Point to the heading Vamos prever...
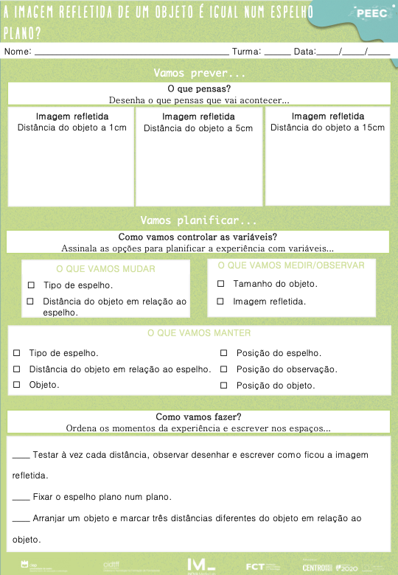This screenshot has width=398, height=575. coord(199,73)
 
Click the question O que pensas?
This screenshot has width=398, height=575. coord(199,88)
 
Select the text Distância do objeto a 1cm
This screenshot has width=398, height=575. coord(71,128)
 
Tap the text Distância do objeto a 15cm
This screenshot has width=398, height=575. coord(327,128)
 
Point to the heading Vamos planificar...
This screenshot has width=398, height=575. coord(199,220)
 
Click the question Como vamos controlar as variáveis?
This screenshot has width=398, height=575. coord(198,237)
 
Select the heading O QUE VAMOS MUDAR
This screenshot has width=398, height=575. coord(105,269)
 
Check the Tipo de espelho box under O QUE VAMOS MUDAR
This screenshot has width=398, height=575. coord(30,285)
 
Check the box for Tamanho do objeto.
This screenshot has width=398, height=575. coord(220,284)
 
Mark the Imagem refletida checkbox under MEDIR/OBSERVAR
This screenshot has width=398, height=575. coord(220,302)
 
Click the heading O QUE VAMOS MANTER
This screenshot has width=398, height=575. coord(199,333)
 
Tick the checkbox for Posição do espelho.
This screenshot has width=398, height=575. coord(224,353)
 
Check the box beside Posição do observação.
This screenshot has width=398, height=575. coord(224,369)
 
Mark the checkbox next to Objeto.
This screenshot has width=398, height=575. coord(16,385)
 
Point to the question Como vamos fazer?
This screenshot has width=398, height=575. coord(199,417)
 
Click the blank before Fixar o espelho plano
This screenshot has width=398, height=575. coord(21,497)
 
